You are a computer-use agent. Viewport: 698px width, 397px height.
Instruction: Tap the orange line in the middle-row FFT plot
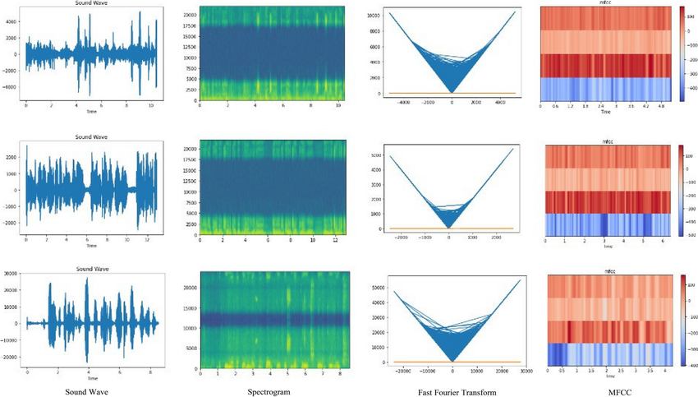point(443,228)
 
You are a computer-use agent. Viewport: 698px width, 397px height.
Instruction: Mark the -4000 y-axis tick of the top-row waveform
point(14,85)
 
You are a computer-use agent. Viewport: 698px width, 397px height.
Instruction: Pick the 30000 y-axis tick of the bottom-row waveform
point(12,276)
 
